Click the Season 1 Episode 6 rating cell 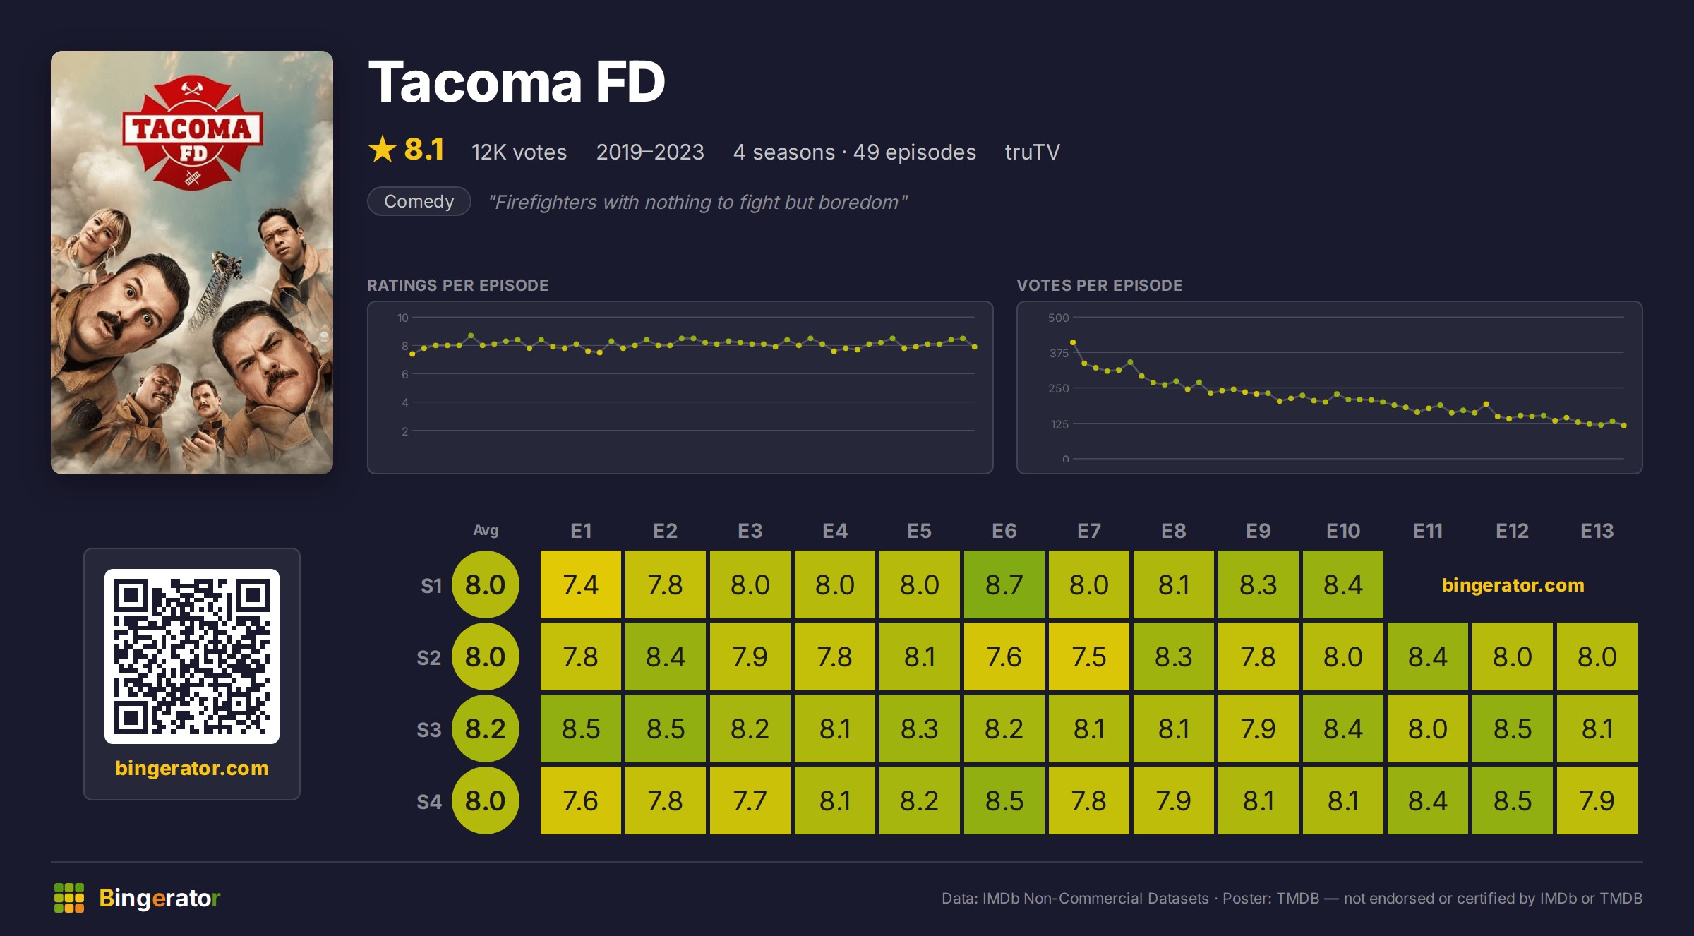tap(1004, 584)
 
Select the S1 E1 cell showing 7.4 tap(581, 584)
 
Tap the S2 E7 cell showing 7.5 tap(1089, 656)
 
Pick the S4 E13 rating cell tap(1597, 800)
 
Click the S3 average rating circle tap(486, 728)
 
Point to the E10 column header tap(1343, 531)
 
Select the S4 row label tap(429, 801)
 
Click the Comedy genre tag tap(419, 201)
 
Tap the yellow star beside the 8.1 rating tap(383, 149)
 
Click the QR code tap(192, 656)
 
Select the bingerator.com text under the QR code tap(192, 768)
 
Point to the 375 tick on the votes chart tap(1059, 353)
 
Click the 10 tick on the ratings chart tap(402, 318)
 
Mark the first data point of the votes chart tap(1073, 342)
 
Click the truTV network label tap(1033, 152)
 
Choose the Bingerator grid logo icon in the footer tap(69, 898)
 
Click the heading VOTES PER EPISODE tap(1099, 285)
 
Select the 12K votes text tap(519, 152)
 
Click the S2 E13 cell tap(1597, 656)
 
